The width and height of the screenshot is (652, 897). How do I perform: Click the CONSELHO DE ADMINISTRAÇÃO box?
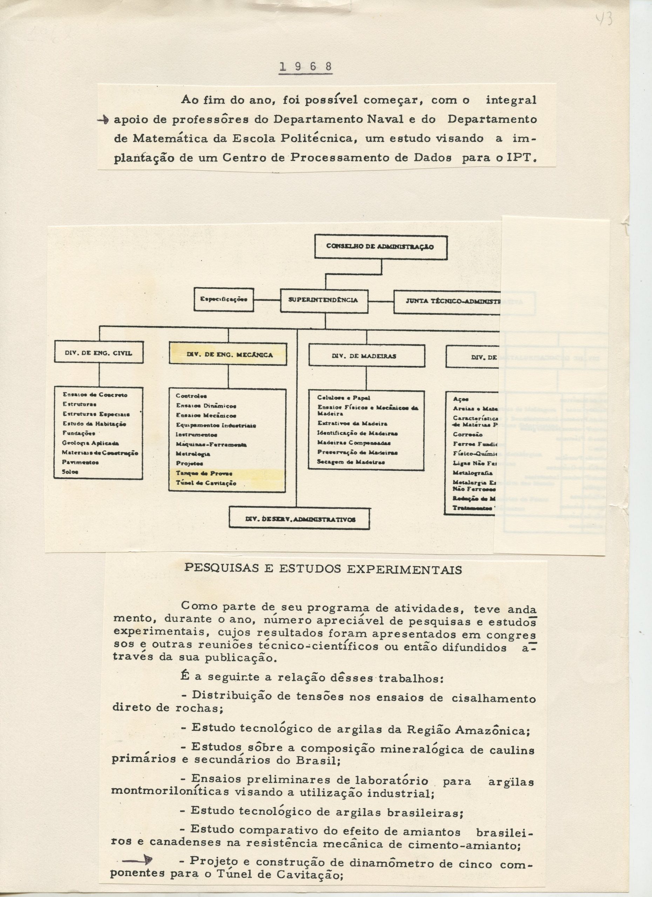tap(381, 247)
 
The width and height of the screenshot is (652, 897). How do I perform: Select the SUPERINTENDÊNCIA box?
tap(324, 300)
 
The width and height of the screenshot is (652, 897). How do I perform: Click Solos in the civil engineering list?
tap(70, 471)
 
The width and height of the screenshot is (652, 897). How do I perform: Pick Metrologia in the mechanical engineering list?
tap(193, 454)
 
